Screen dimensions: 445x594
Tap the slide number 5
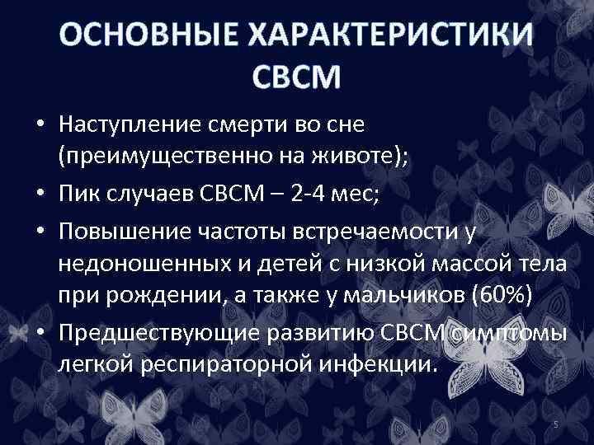(x=556, y=424)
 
